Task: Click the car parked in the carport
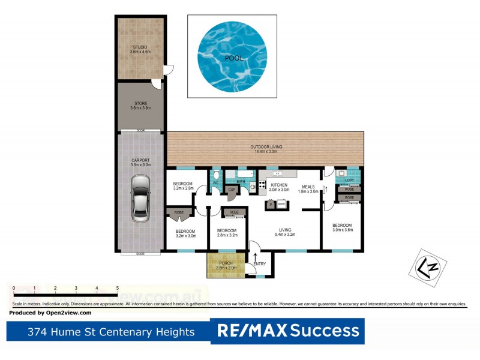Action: coord(140,198)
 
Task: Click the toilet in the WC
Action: coord(216,176)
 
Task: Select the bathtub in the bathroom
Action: coord(240,173)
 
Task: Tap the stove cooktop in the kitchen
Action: coord(253,187)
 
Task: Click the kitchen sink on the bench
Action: coord(278,174)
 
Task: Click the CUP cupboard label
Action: coord(232,190)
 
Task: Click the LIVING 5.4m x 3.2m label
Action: coord(284,233)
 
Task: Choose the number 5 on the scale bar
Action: coord(117,289)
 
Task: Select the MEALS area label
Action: coord(308,187)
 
